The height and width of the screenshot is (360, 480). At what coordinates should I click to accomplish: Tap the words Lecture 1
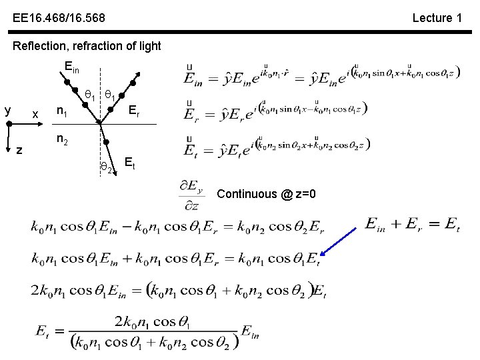(437, 18)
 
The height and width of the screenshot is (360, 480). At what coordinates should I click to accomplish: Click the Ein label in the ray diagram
(71, 67)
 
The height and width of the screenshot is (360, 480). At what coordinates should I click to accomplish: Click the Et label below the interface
(130, 163)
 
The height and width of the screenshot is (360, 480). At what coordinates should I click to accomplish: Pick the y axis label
(7, 109)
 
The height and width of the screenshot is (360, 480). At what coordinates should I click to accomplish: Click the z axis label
(19, 151)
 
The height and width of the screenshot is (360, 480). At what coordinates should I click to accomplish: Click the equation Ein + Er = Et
(412, 225)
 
